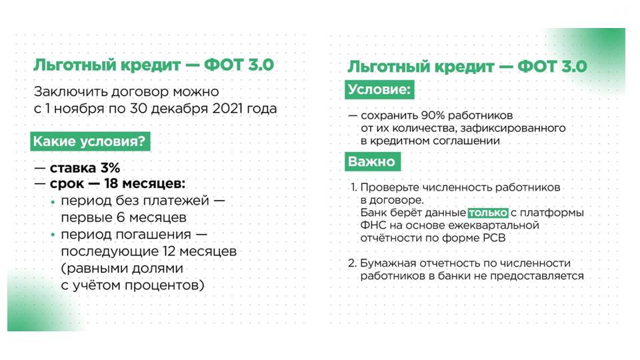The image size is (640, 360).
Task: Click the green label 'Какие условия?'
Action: coord(90,141)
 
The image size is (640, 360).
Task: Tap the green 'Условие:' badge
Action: coord(379,89)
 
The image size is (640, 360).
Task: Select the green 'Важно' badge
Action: coord(373,161)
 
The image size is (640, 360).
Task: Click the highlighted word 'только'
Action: coord(488,213)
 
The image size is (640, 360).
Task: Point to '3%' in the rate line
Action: coord(110,168)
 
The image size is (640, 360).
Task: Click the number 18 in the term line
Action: coord(111,184)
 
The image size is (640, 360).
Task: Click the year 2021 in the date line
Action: coord(227,109)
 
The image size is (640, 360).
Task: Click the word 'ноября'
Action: coord(79,109)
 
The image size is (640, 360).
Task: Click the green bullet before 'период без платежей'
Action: coord(53,201)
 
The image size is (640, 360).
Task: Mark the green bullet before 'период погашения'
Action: coord(53,235)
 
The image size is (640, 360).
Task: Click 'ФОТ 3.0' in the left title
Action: coord(239,65)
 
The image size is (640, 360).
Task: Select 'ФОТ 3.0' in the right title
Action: coord(552,67)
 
